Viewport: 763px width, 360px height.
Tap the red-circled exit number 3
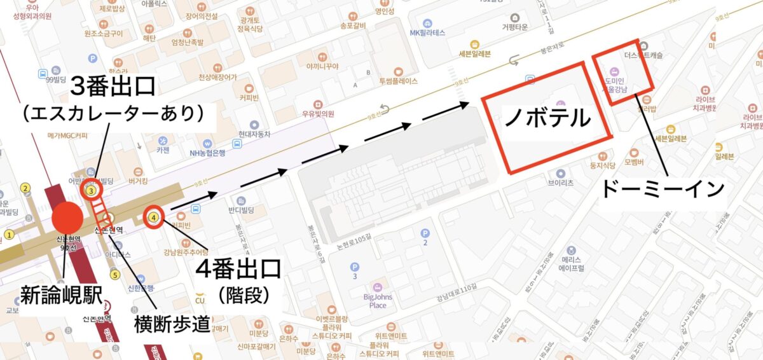[x=92, y=190]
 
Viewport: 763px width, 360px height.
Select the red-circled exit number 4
[x=154, y=218]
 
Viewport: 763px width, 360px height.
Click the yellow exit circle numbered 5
[x=114, y=275]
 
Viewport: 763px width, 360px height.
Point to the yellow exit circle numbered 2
[x=25, y=188]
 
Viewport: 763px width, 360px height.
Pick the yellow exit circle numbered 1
[x=9, y=234]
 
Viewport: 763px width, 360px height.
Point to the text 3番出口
[x=113, y=85]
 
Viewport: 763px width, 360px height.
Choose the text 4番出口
[x=238, y=269]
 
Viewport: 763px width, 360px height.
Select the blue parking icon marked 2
[x=425, y=233]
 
